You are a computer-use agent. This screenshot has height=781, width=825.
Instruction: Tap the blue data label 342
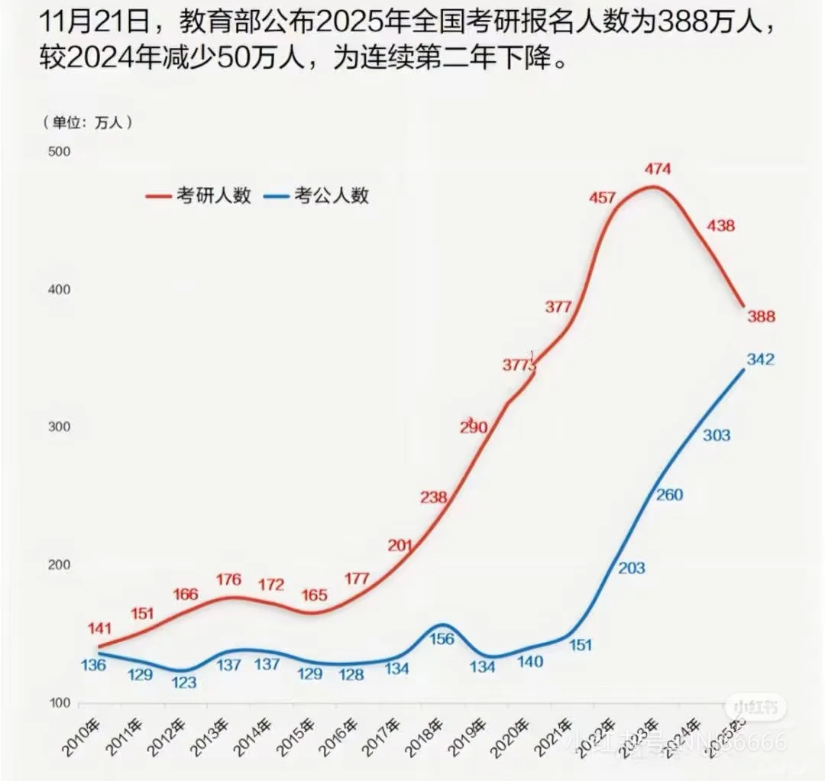(759, 359)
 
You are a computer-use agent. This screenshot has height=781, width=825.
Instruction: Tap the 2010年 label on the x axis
(82, 737)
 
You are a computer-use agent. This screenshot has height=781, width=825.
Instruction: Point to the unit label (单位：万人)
(88, 122)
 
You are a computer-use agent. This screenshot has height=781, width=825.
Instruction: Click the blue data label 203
(629, 568)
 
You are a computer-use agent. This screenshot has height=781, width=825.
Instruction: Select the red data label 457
(602, 198)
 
